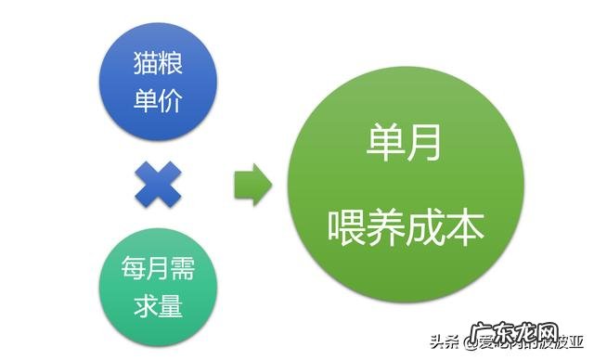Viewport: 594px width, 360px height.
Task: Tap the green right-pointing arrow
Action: click(252, 185)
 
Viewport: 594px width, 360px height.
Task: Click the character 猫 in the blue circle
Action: click(143, 68)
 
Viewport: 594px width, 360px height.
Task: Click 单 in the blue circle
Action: click(143, 100)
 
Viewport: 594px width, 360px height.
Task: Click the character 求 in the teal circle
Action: click(143, 304)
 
